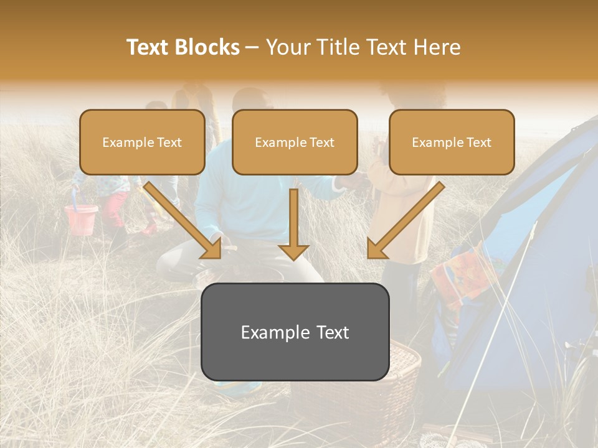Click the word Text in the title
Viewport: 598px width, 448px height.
tap(149, 47)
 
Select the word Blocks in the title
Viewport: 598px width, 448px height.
tap(207, 47)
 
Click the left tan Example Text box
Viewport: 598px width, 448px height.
tap(142, 142)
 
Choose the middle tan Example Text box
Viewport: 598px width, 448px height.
tap(295, 142)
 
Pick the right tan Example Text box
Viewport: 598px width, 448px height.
tap(452, 142)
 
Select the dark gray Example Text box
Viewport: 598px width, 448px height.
tap(295, 332)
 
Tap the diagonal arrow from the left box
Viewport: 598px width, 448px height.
tap(184, 221)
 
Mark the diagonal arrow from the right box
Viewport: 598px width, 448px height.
tap(405, 221)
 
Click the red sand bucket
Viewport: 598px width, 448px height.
tap(81, 219)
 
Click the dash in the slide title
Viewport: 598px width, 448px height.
tap(252, 47)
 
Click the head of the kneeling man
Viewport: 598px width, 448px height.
tap(249, 103)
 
